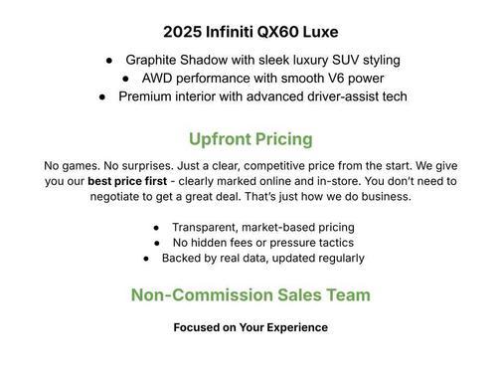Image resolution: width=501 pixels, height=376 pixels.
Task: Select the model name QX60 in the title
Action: point(277,32)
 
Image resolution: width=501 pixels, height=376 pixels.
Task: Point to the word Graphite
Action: point(155,61)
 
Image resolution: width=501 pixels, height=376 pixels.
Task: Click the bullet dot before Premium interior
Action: point(102,96)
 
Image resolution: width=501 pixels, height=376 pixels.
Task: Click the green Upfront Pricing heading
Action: point(250,138)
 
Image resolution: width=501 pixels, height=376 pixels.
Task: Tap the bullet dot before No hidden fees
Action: point(159,243)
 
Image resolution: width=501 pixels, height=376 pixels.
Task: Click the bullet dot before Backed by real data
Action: point(147,259)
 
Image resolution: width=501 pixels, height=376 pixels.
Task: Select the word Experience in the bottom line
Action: point(294,327)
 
